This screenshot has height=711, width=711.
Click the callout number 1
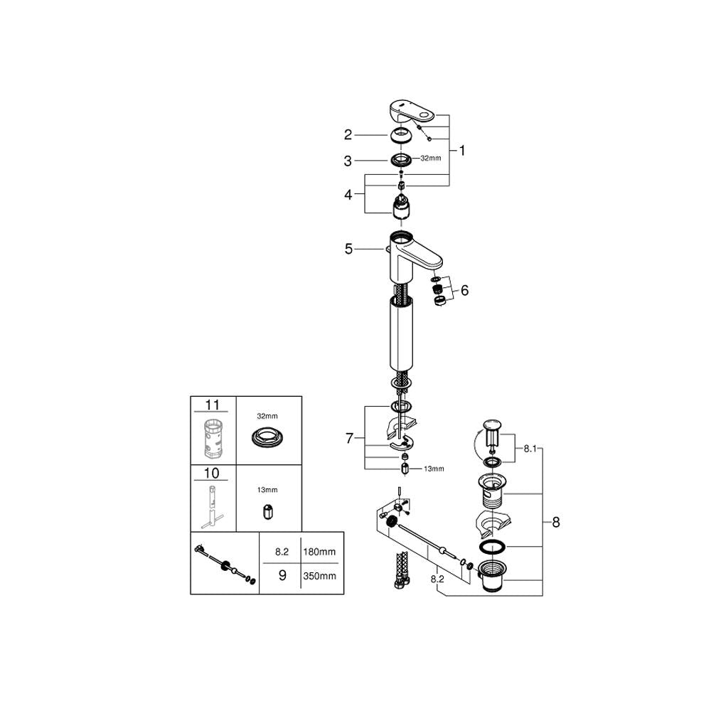462,151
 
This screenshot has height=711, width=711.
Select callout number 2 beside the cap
348,134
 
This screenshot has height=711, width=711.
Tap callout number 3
348,161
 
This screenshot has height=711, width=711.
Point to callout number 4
348,195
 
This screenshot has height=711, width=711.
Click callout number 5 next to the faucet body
348,249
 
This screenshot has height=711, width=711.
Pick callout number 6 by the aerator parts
464,290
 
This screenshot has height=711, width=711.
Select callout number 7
349,439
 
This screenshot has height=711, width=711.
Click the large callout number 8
556,523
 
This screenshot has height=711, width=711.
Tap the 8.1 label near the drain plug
530,449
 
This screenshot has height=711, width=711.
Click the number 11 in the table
212,405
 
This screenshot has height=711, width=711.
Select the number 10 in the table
212,474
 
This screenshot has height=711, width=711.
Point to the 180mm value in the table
319,552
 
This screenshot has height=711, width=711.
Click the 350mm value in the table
319,577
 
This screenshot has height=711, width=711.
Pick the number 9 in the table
282,575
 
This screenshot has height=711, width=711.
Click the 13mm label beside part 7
434,469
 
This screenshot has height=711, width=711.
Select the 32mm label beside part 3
431,159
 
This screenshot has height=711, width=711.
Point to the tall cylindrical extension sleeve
402,332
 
